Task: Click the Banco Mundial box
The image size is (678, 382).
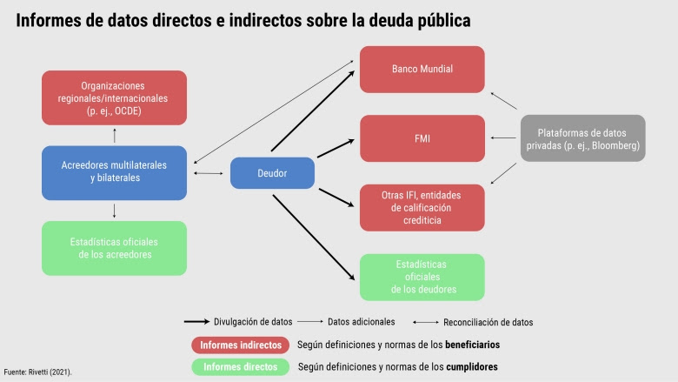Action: pyautogui.click(x=422, y=70)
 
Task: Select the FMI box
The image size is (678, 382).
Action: pyautogui.click(x=422, y=138)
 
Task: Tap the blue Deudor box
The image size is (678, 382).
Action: pyautogui.click(x=272, y=173)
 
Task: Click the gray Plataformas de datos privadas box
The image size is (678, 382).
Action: pyautogui.click(x=583, y=138)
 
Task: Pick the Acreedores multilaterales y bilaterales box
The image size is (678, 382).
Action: pyautogui.click(x=114, y=172)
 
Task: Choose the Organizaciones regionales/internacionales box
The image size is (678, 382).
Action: pyautogui.click(x=114, y=97)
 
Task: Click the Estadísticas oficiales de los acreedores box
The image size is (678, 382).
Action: pyautogui.click(x=114, y=248)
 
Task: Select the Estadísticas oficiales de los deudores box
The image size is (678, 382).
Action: pyautogui.click(x=422, y=278)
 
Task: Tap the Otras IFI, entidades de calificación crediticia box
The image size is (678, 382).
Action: pyautogui.click(x=422, y=208)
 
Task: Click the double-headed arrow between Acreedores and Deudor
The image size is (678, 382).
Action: pyautogui.click(x=209, y=173)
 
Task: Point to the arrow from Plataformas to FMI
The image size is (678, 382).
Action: pyautogui.click(x=503, y=138)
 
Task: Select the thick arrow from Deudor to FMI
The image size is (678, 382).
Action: pyautogui.click(x=336, y=149)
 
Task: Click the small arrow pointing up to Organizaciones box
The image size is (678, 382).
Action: pyautogui.click(x=114, y=136)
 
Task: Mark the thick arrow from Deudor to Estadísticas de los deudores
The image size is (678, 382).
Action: pyautogui.click(x=314, y=237)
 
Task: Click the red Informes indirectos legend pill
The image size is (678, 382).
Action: pyautogui.click(x=241, y=345)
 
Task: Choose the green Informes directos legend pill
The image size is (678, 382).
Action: pyautogui.click(x=241, y=367)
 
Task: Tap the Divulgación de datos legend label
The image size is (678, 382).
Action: pyautogui.click(x=253, y=322)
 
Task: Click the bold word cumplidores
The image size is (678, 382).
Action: pyautogui.click(x=472, y=367)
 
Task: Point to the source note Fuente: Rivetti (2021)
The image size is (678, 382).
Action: pyautogui.click(x=38, y=372)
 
